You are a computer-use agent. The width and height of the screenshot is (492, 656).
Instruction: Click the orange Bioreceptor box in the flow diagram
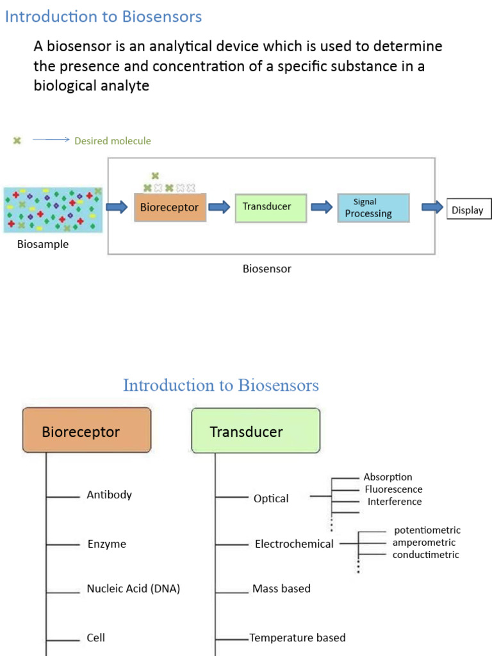click(x=170, y=208)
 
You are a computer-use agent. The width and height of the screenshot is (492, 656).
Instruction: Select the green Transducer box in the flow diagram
click(x=270, y=207)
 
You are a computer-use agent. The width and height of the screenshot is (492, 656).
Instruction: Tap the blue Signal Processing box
click(x=373, y=208)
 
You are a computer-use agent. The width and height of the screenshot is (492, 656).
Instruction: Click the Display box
click(x=468, y=209)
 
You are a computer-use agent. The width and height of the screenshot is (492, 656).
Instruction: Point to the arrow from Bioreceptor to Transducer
click(x=219, y=207)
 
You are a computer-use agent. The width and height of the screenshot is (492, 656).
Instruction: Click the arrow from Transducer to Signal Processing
click(x=322, y=207)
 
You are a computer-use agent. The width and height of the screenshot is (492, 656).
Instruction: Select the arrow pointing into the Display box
click(x=432, y=207)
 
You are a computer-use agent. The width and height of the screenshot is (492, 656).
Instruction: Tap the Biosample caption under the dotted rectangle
click(x=42, y=244)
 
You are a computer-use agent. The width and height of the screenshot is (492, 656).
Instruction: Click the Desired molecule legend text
click(x=113, y=141)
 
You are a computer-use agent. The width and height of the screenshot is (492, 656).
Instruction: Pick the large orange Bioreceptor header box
click(x=86, y=430)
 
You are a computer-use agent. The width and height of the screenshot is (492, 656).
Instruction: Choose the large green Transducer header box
click(x=255, y=430)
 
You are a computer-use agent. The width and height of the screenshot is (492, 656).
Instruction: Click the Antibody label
click(x=110, y=495)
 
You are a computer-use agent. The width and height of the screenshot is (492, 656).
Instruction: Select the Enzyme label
click(x=107, y=544)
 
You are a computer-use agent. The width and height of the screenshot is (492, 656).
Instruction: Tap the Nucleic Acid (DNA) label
click(x=133, y=589)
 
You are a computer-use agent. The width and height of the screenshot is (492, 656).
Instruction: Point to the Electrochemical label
click(x=294, y=544)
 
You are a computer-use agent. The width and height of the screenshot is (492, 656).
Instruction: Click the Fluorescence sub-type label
click(x=393, y=489)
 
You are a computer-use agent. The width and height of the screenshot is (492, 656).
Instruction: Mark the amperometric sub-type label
click(x=424, y=543)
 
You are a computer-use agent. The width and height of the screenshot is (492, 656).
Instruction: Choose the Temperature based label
click(x=298, y=637)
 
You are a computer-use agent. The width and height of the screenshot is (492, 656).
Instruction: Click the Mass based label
click(x=281, y=589)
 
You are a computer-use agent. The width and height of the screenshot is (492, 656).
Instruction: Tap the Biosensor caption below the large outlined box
click(x=266, y=269)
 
